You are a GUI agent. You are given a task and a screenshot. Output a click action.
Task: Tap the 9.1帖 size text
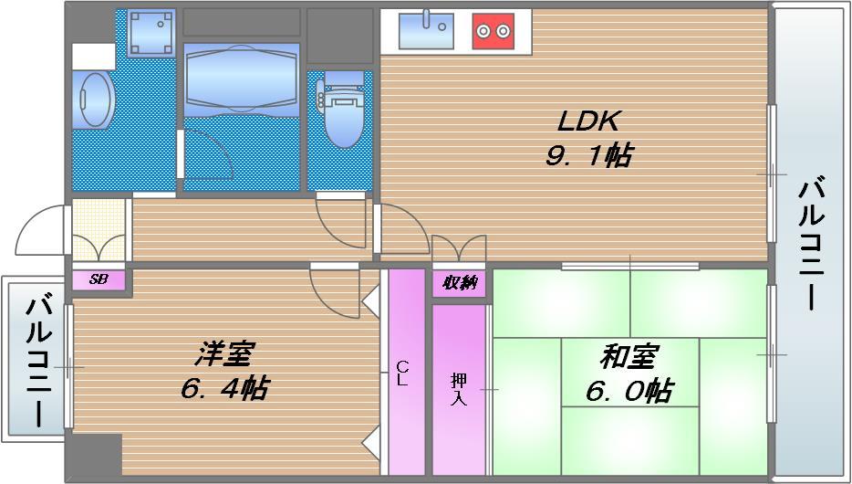click(588, 155)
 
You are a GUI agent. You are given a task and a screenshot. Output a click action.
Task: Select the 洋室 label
click(224, 354)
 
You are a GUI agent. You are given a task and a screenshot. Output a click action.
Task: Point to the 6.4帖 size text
click(224, 389)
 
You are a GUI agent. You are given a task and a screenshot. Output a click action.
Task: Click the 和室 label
click(630, 356)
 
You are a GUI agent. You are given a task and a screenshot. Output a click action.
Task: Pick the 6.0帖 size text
click(629, 392)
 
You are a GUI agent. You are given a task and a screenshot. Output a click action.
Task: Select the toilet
click(342, 111)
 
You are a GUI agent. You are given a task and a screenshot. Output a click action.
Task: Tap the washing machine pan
click(151, 33)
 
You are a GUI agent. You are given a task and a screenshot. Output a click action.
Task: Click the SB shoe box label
click(99, 279)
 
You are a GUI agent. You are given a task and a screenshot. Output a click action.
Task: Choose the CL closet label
click(401, 374)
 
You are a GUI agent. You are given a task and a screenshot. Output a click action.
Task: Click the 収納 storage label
click(460, 283)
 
